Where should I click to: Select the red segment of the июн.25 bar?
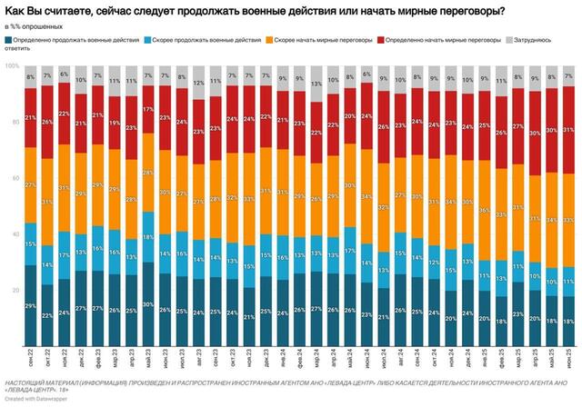pyautogui.click(x=568, y=127)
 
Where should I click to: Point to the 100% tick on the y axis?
pyautogui.click(x=11, y=66)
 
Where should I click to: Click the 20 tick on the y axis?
pyautogui.click(x=13, y=290)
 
